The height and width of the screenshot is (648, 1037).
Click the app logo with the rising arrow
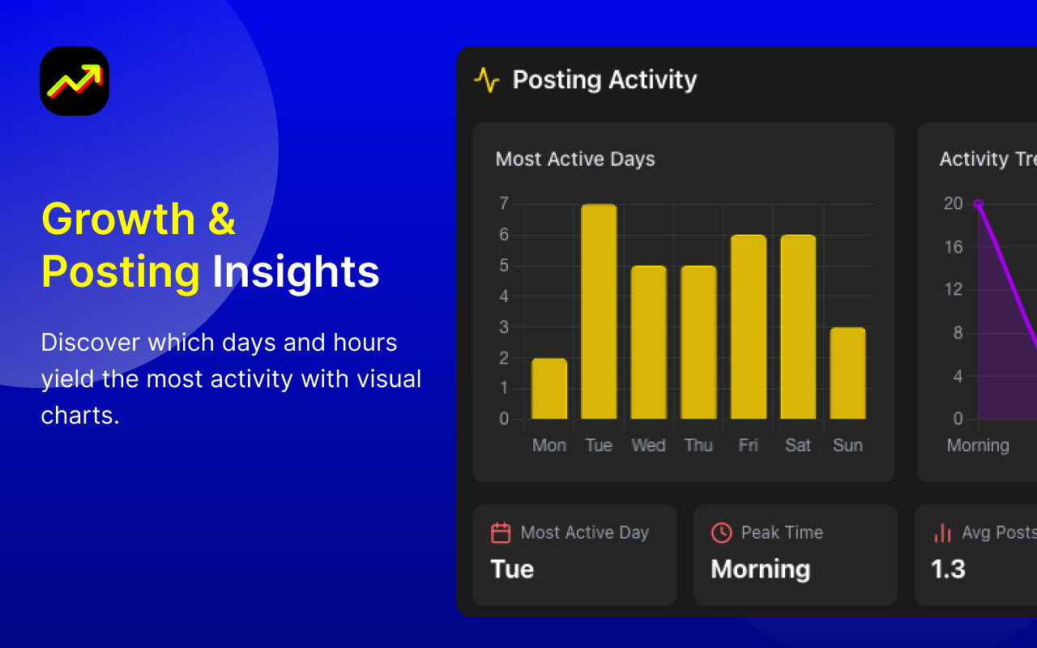[x=75, y=81]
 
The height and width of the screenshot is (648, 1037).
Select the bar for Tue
[x=599, y=312]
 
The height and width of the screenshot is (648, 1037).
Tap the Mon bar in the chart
[x=549, y=389]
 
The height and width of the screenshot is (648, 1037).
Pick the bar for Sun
[x=847, y=373]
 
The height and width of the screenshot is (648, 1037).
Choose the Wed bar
[x=649, y=343]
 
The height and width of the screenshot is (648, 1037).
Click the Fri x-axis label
[x=748, y=446]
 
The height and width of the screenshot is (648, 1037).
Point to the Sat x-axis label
[x=798, y=446]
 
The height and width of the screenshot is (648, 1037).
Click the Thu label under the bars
[x=698, y=446]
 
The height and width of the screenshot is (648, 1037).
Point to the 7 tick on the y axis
[x=504, y=203]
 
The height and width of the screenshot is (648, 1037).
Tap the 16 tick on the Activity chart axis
[x=954, y=247]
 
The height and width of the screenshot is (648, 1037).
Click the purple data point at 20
[x=978, y=203]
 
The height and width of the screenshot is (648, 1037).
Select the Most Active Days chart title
[x=575, y=160]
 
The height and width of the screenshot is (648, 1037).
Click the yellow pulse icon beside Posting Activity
[x=487, y=80]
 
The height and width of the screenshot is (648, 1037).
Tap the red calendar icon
[x=501, y=533]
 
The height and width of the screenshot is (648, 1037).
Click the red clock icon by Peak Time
[x=721, y=533]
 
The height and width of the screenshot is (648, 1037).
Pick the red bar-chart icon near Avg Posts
[x=942, y=533]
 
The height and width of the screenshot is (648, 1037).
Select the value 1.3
[x=948, y=569]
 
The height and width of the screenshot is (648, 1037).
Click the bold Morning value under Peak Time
[x=761, y=570]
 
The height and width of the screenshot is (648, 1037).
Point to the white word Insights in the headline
[x=296, y=271]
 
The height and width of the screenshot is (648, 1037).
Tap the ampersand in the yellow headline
[x=222, y=219]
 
